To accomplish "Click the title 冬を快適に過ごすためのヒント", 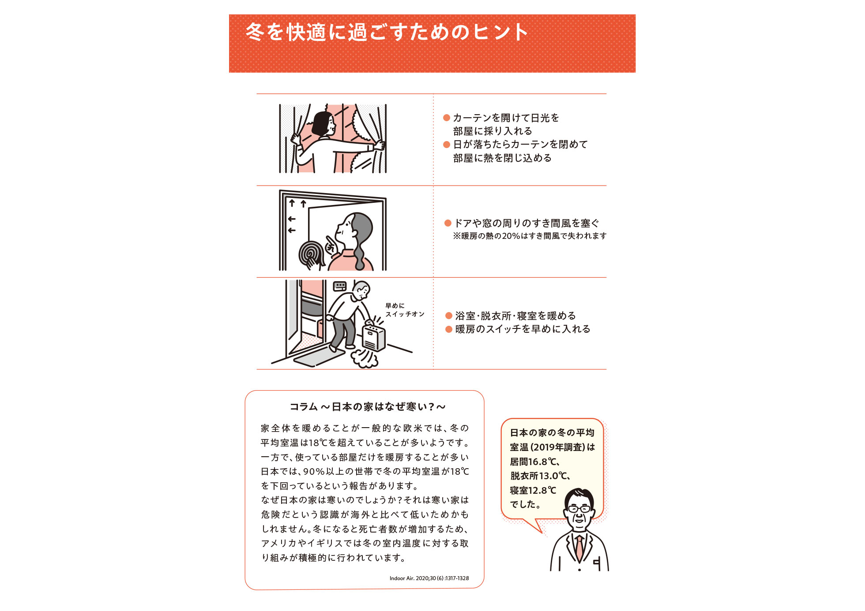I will [387, 32].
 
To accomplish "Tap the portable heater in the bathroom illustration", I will [374, 337].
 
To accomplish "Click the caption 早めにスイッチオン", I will [405, 310].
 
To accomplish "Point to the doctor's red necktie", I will [579, 547].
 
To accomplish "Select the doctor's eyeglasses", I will [579, 508].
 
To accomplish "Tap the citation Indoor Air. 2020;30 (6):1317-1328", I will [429, 578].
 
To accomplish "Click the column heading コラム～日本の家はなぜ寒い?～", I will [367, 406].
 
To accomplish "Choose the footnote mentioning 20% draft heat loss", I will [530, 236].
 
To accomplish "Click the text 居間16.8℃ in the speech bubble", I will [534, 462].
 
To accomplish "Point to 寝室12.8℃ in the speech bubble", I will [533, 490].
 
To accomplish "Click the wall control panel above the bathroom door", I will [340, 286].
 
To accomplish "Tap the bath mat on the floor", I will [319, 356].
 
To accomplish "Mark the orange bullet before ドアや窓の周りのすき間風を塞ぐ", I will [448, 223].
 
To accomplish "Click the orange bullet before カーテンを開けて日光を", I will [447, 118].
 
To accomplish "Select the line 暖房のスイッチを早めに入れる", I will [523, 329].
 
